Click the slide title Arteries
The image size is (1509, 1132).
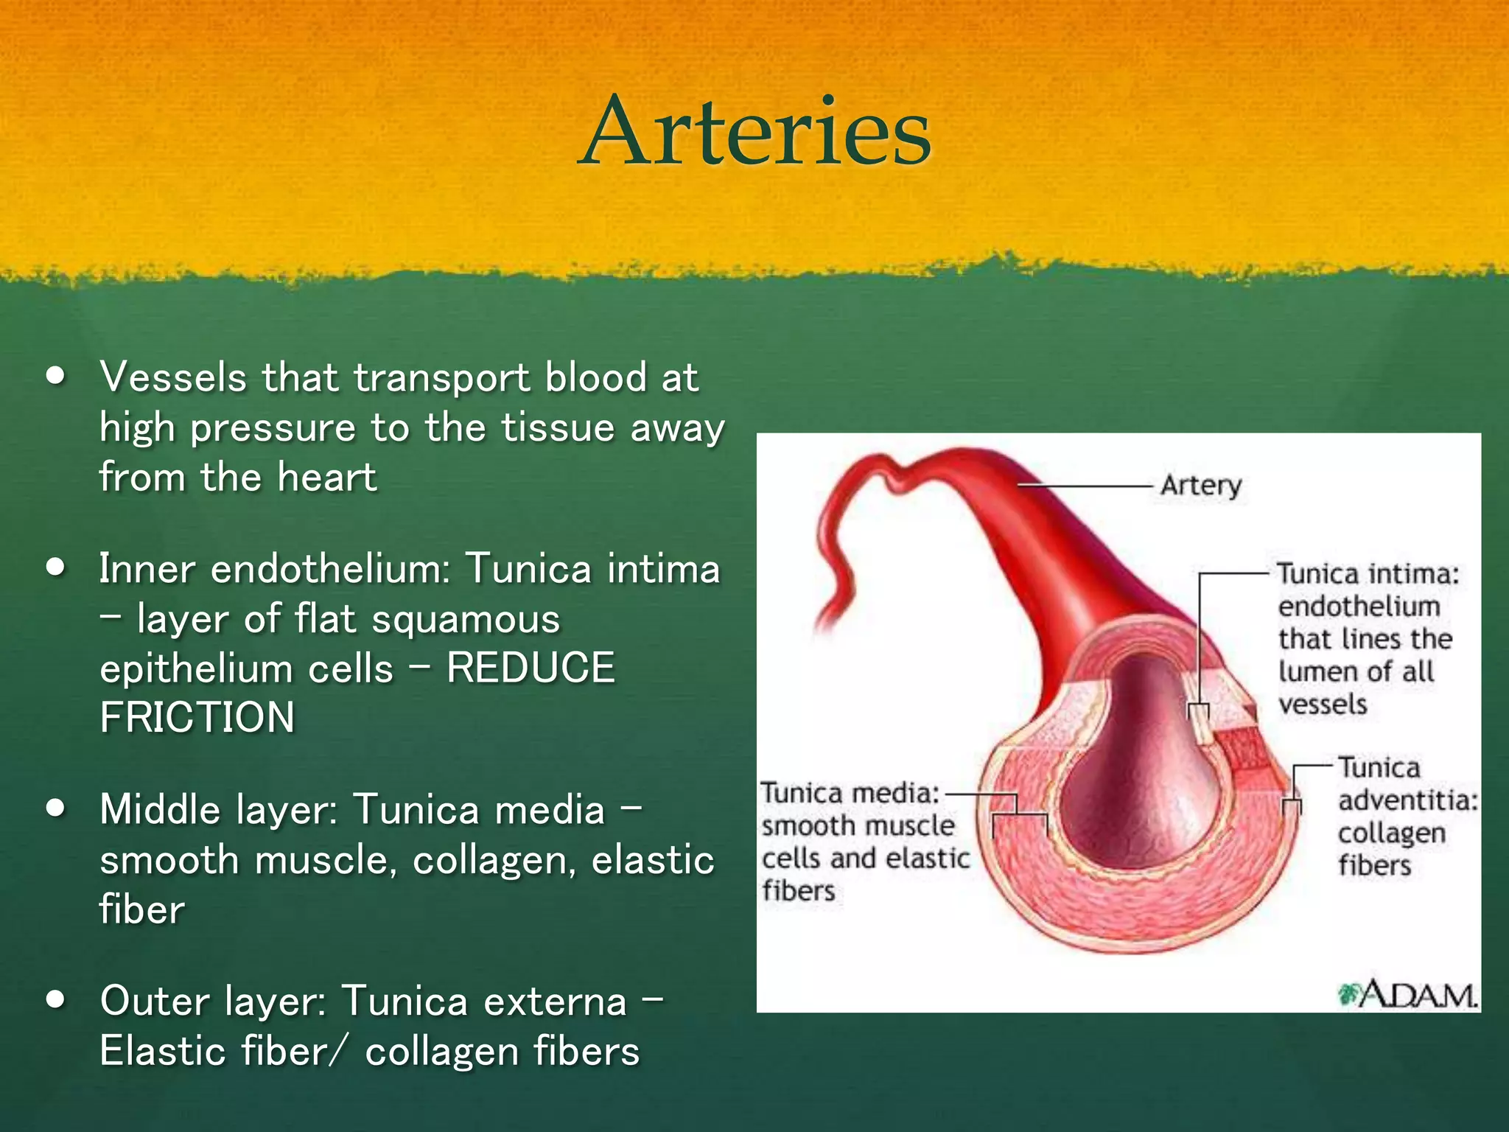pos(754,133)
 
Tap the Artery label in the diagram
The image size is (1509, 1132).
pos(1200,486)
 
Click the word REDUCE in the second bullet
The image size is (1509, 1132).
pos(531,668)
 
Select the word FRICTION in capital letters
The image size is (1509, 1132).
pos(197,718)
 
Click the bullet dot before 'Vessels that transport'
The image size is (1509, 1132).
pos(56,377)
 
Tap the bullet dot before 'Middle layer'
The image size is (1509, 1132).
pos(56,808)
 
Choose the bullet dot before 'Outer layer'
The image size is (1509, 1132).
pos(56,1000)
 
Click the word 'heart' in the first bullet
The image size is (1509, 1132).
pos(327,477)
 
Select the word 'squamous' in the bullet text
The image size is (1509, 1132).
pos(466,619)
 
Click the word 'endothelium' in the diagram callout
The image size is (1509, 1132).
pos(1359,607)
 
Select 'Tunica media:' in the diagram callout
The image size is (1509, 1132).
pos(850,794)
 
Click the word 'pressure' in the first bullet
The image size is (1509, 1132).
pos(273,428)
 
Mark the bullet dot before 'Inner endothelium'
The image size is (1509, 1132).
pos(56,568)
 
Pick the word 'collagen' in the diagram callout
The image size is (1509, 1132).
pos(1391,834)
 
